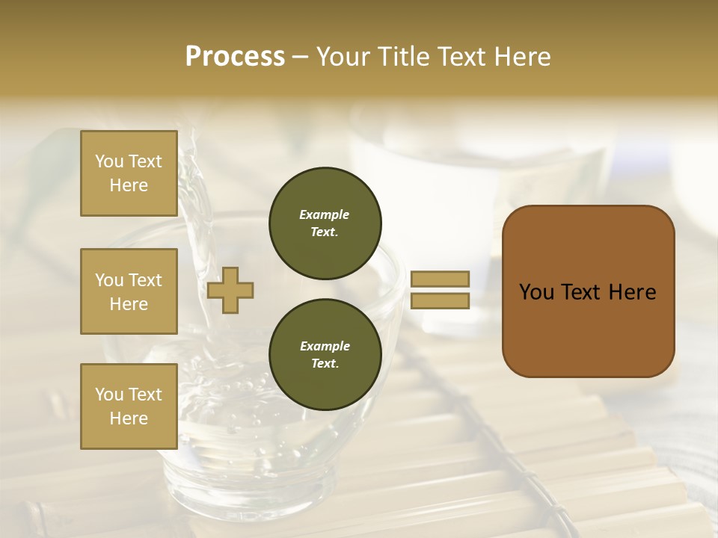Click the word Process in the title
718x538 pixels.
tap(235, 57)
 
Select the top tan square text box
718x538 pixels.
tap(129, 173)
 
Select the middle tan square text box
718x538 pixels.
tap(129, 291)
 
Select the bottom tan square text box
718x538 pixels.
tap(129, 406)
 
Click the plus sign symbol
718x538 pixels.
tap(230, 290)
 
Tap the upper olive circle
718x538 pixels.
tap(325, 223)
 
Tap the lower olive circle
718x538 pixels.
tap(325, 354)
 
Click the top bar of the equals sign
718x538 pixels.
tap(440, 279)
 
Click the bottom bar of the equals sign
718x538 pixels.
tap(440, 301)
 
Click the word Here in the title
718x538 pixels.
tap(521, 57)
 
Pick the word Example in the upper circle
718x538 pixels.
tap(325, 214)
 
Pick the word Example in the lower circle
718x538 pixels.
tap(325, 346)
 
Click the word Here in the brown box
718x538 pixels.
tap(632, 292)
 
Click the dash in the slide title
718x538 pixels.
tap(300, 58)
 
